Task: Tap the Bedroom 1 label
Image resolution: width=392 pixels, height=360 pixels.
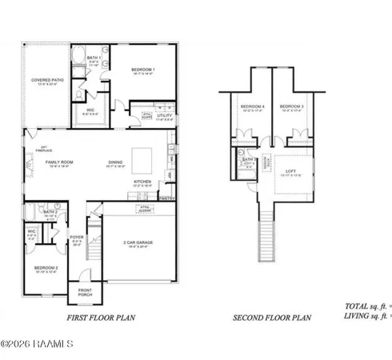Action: pos(142,70)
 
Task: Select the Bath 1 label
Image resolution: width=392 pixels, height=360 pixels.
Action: pos(93,58)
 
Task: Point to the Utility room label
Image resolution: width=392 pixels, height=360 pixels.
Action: pos(165,116)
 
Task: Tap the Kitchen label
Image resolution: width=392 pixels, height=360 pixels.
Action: pos(142,182)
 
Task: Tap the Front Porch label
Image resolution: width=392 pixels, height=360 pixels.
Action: pos(85,293)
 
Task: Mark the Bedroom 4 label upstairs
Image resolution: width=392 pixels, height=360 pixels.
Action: pos(252,106)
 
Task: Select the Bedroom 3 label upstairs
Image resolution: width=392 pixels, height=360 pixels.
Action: pos(291,106)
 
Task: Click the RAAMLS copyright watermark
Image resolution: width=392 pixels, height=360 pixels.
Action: pos(37,345)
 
